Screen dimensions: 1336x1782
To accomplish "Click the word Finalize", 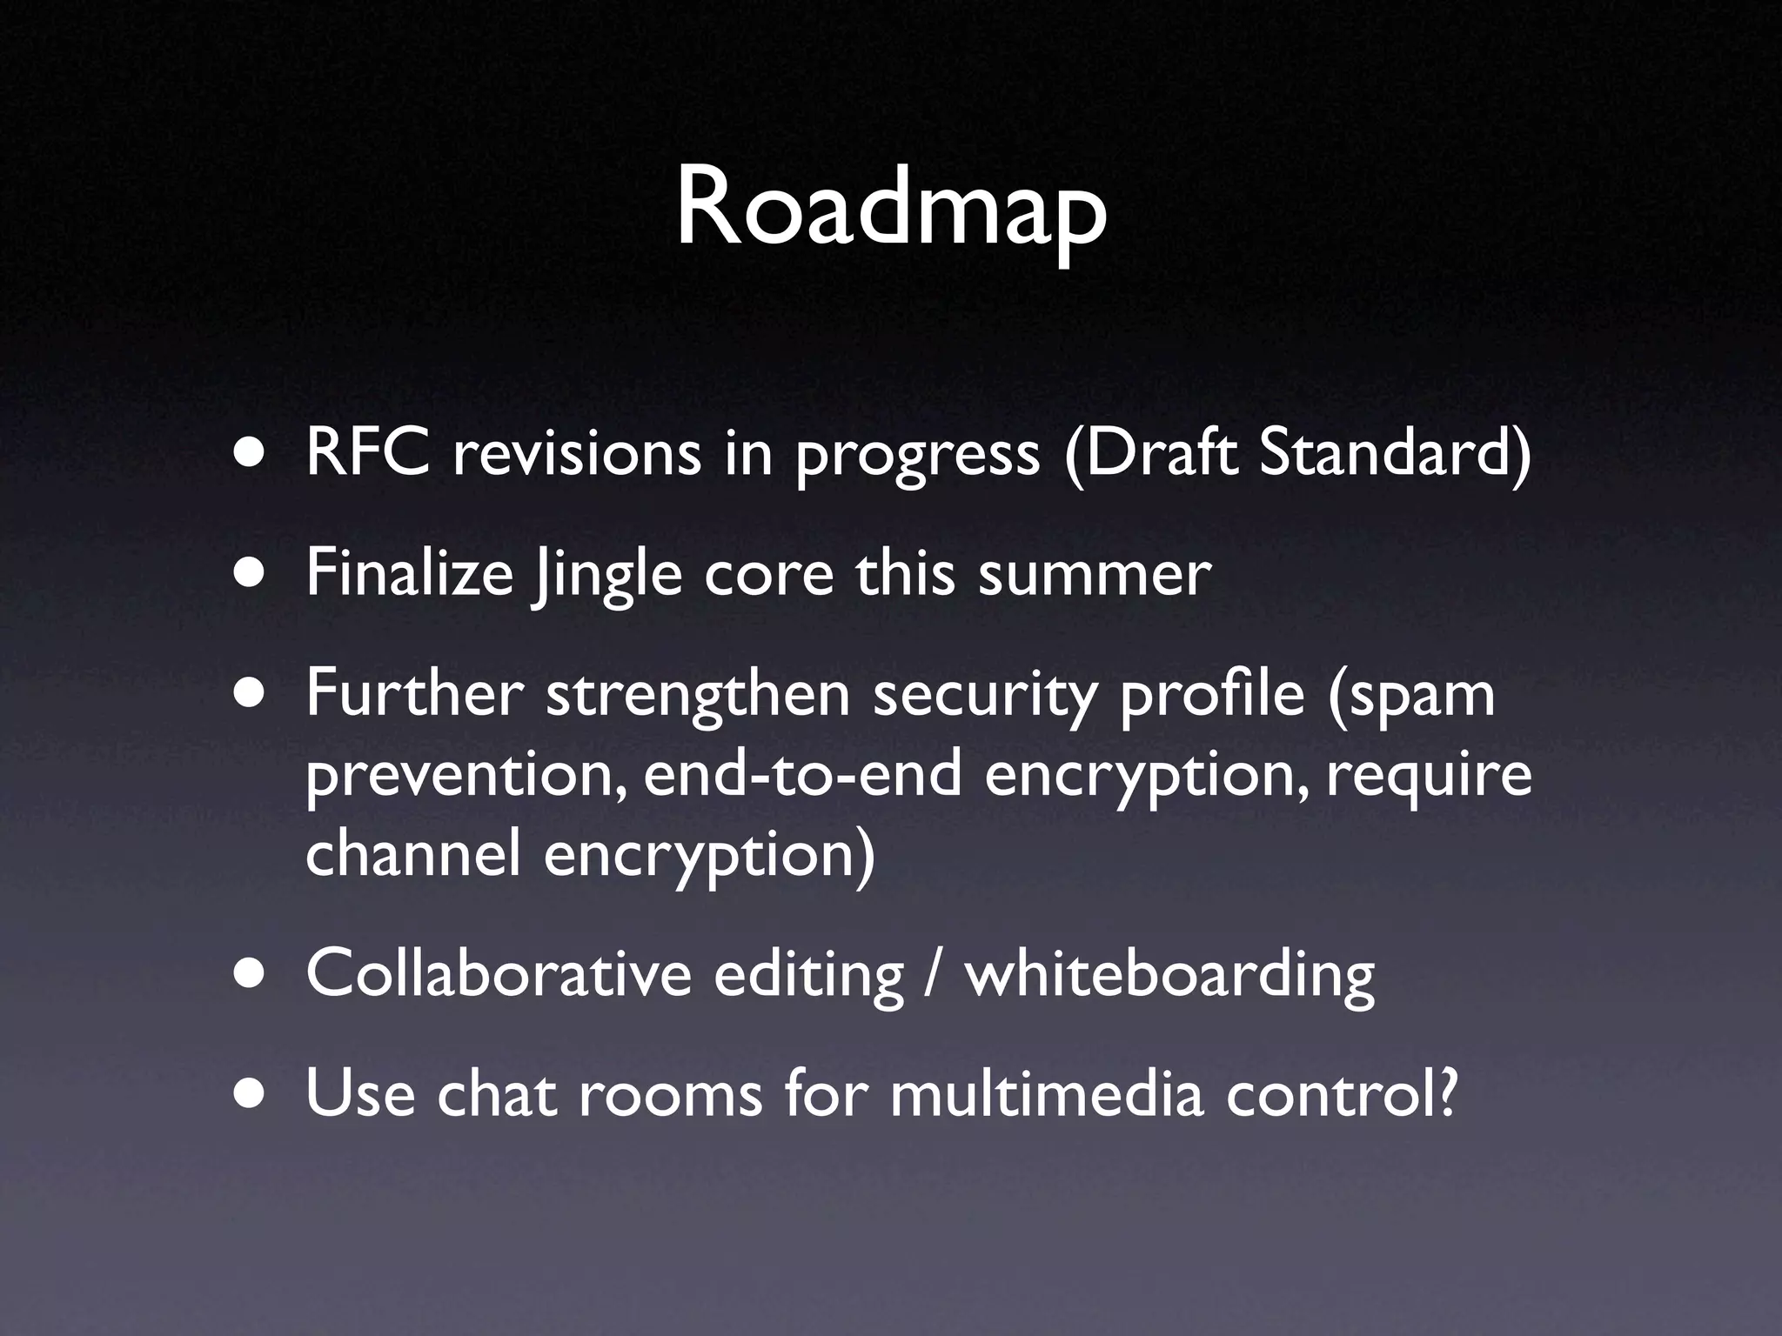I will point(409,574).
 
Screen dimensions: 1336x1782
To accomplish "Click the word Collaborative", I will point(498,974).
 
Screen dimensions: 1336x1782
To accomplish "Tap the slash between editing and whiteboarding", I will point(934,974).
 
